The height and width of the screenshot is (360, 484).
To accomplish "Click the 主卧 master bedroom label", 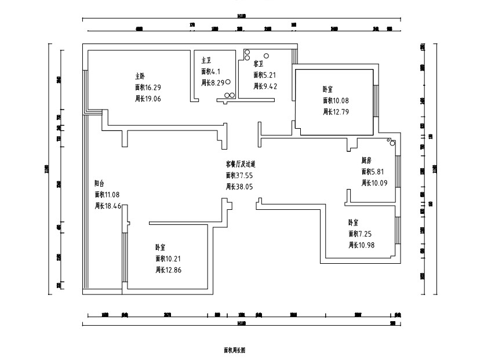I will (140, 76).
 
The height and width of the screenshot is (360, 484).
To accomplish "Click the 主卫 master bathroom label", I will (206, 60).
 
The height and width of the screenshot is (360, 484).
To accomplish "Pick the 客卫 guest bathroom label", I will (259, 63).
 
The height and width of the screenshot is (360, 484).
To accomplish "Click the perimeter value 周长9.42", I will (265, 86).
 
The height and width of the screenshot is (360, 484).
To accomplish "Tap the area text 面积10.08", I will (336, 100).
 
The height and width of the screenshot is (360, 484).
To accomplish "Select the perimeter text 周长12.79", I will (336, 111).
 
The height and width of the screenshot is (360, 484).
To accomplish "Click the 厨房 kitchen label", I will (366, 160).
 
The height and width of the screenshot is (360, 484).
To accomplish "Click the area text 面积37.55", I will (239, 175).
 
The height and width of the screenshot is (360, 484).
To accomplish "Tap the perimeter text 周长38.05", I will (239, 187).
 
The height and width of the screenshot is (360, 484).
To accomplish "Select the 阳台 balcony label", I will (100, 183).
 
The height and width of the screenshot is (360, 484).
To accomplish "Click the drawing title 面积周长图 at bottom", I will (234, 350).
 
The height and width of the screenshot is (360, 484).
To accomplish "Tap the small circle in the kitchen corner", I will (392, 142).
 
